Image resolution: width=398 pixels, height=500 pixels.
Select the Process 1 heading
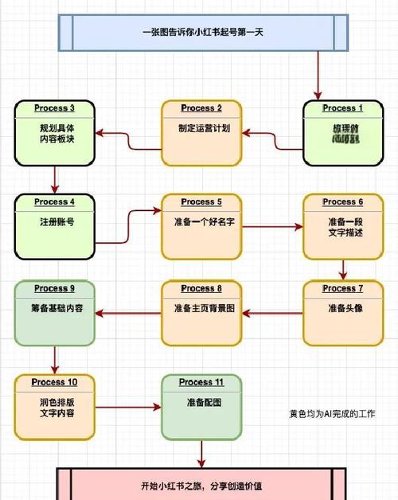342,107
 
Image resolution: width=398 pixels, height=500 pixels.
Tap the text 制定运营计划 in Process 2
204,127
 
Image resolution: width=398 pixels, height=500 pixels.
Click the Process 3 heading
55,107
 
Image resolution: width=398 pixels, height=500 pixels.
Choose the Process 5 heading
202,201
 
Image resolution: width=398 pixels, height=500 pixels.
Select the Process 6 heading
343,201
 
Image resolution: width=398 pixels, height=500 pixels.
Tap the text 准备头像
345,308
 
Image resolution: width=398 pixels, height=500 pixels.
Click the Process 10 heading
54,382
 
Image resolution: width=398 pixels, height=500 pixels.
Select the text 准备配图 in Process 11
203,402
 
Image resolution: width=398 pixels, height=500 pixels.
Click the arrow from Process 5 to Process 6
273,227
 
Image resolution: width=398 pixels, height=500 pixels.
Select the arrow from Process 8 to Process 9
128,312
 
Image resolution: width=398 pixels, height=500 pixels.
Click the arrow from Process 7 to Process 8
273,312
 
